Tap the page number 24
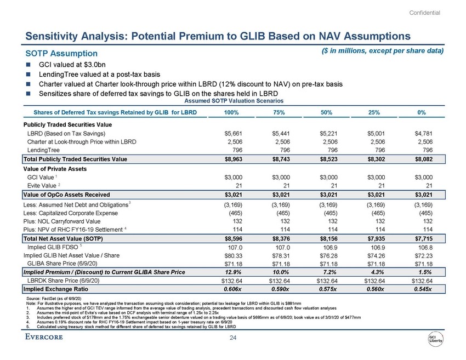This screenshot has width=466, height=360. tap(232, 338)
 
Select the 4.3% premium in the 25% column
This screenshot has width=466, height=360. tap(375, 271)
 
